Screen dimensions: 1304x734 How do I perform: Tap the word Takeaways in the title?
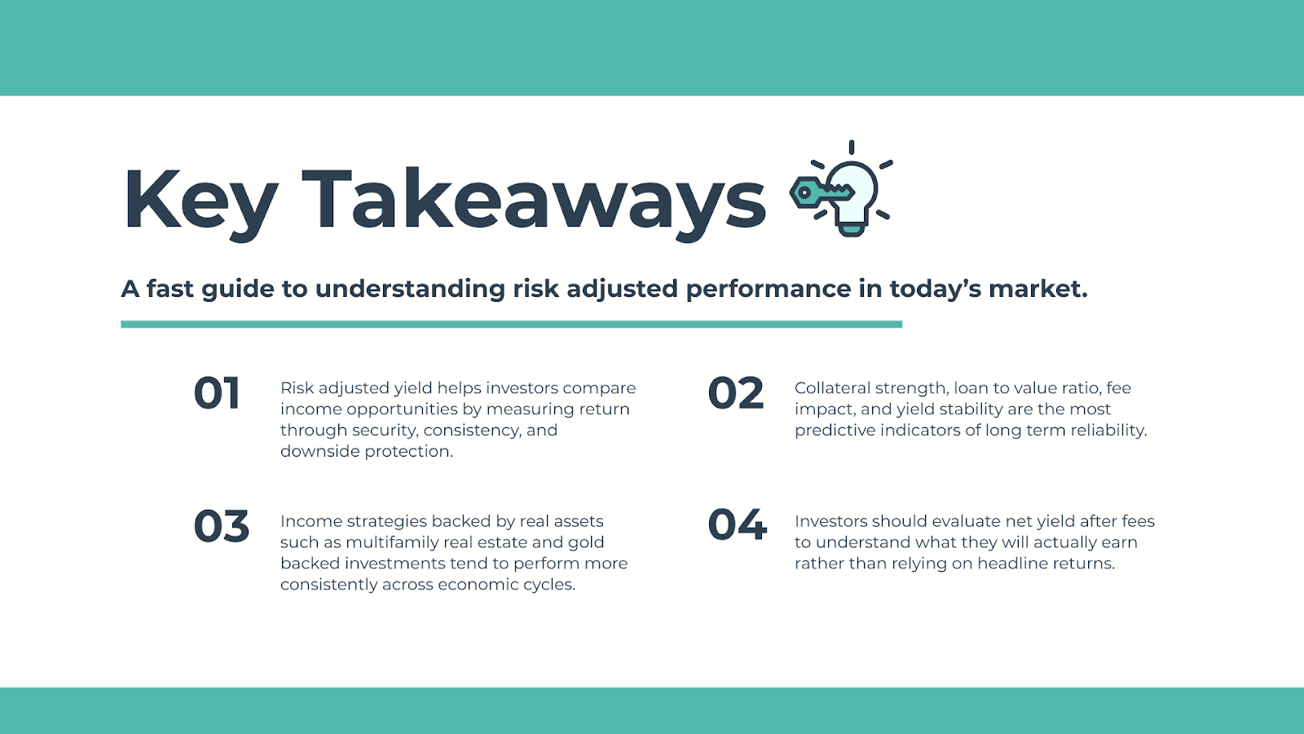[533, 201]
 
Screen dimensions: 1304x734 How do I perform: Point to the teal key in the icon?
[822, 192]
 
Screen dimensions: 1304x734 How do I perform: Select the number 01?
[217, 393]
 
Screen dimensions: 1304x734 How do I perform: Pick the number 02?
[736, 393]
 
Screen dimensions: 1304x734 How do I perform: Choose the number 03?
[221, 526]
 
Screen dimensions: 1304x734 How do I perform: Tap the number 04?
[737, 525]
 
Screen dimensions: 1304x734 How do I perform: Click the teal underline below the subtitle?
[511, 325]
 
